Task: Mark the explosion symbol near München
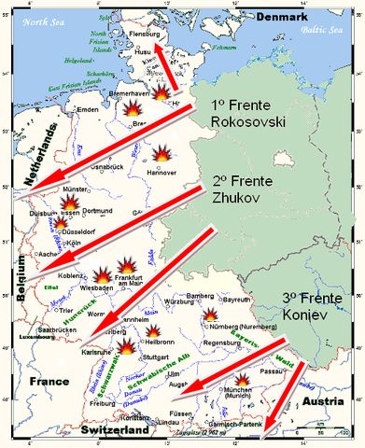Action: pyautogui.click(x=243, y=380)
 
